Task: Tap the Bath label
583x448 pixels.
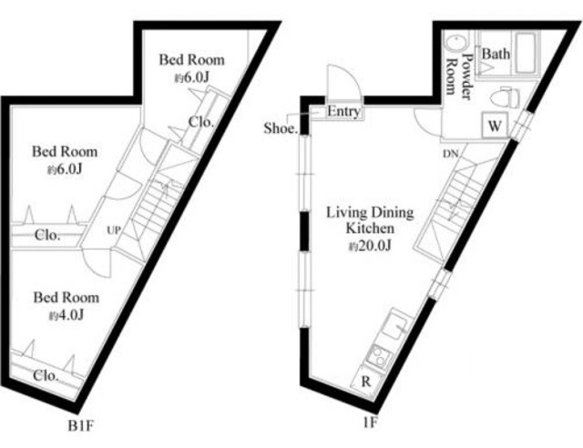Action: (x=496, y=54)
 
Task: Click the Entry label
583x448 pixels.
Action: (x=343, y=112)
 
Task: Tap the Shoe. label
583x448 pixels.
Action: (x=280, y=128)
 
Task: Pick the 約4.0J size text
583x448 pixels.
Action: (x=66, y=315)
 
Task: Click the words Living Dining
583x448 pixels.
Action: (x=370, y=213)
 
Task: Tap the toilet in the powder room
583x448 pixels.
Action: (x=504, y=95)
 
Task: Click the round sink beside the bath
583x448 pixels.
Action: (x=455, y=45)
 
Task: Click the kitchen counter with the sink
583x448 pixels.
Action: (x=382, y=337)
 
